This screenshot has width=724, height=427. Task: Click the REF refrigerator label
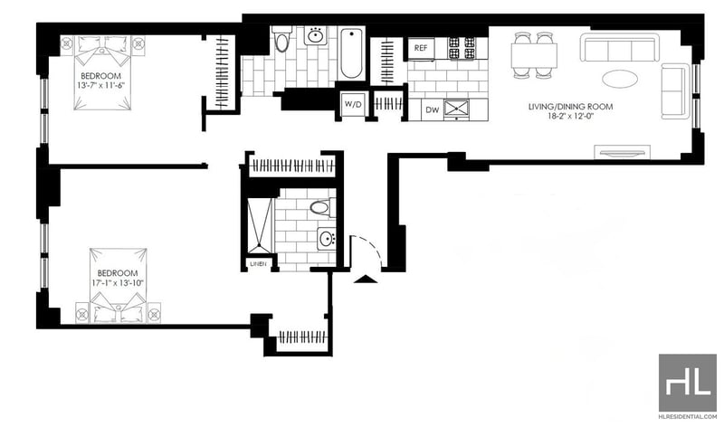tap(421, 48)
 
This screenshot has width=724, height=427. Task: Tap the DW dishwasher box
tap(433, 109)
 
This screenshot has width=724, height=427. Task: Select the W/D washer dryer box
tap(353, 104)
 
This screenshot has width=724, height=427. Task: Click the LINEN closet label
tap(258, 264)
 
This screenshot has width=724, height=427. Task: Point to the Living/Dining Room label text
tap(571, 107)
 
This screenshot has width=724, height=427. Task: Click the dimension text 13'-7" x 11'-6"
tap(100, 85)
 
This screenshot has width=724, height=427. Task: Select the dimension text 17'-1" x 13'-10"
tap(118, 282)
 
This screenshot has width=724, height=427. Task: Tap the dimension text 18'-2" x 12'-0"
tap(570, 117)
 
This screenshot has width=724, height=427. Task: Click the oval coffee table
tap(620, 78)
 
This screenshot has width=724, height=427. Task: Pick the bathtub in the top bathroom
tap(351, 54)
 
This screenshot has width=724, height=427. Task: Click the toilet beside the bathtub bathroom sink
tap(281, 39)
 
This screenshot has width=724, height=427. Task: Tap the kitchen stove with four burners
tap(462, 48)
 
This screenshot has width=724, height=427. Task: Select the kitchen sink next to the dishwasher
tap(456, 109)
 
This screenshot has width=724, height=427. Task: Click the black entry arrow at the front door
tap(366, 279)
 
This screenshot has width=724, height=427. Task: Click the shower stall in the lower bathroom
tap(261, 226)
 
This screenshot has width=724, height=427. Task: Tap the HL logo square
tap(687, 384)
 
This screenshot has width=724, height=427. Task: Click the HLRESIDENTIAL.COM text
tap(688, 417)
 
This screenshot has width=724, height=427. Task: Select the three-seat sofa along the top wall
tap(618, 47)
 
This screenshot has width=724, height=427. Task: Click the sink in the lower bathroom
tap(327, 239)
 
